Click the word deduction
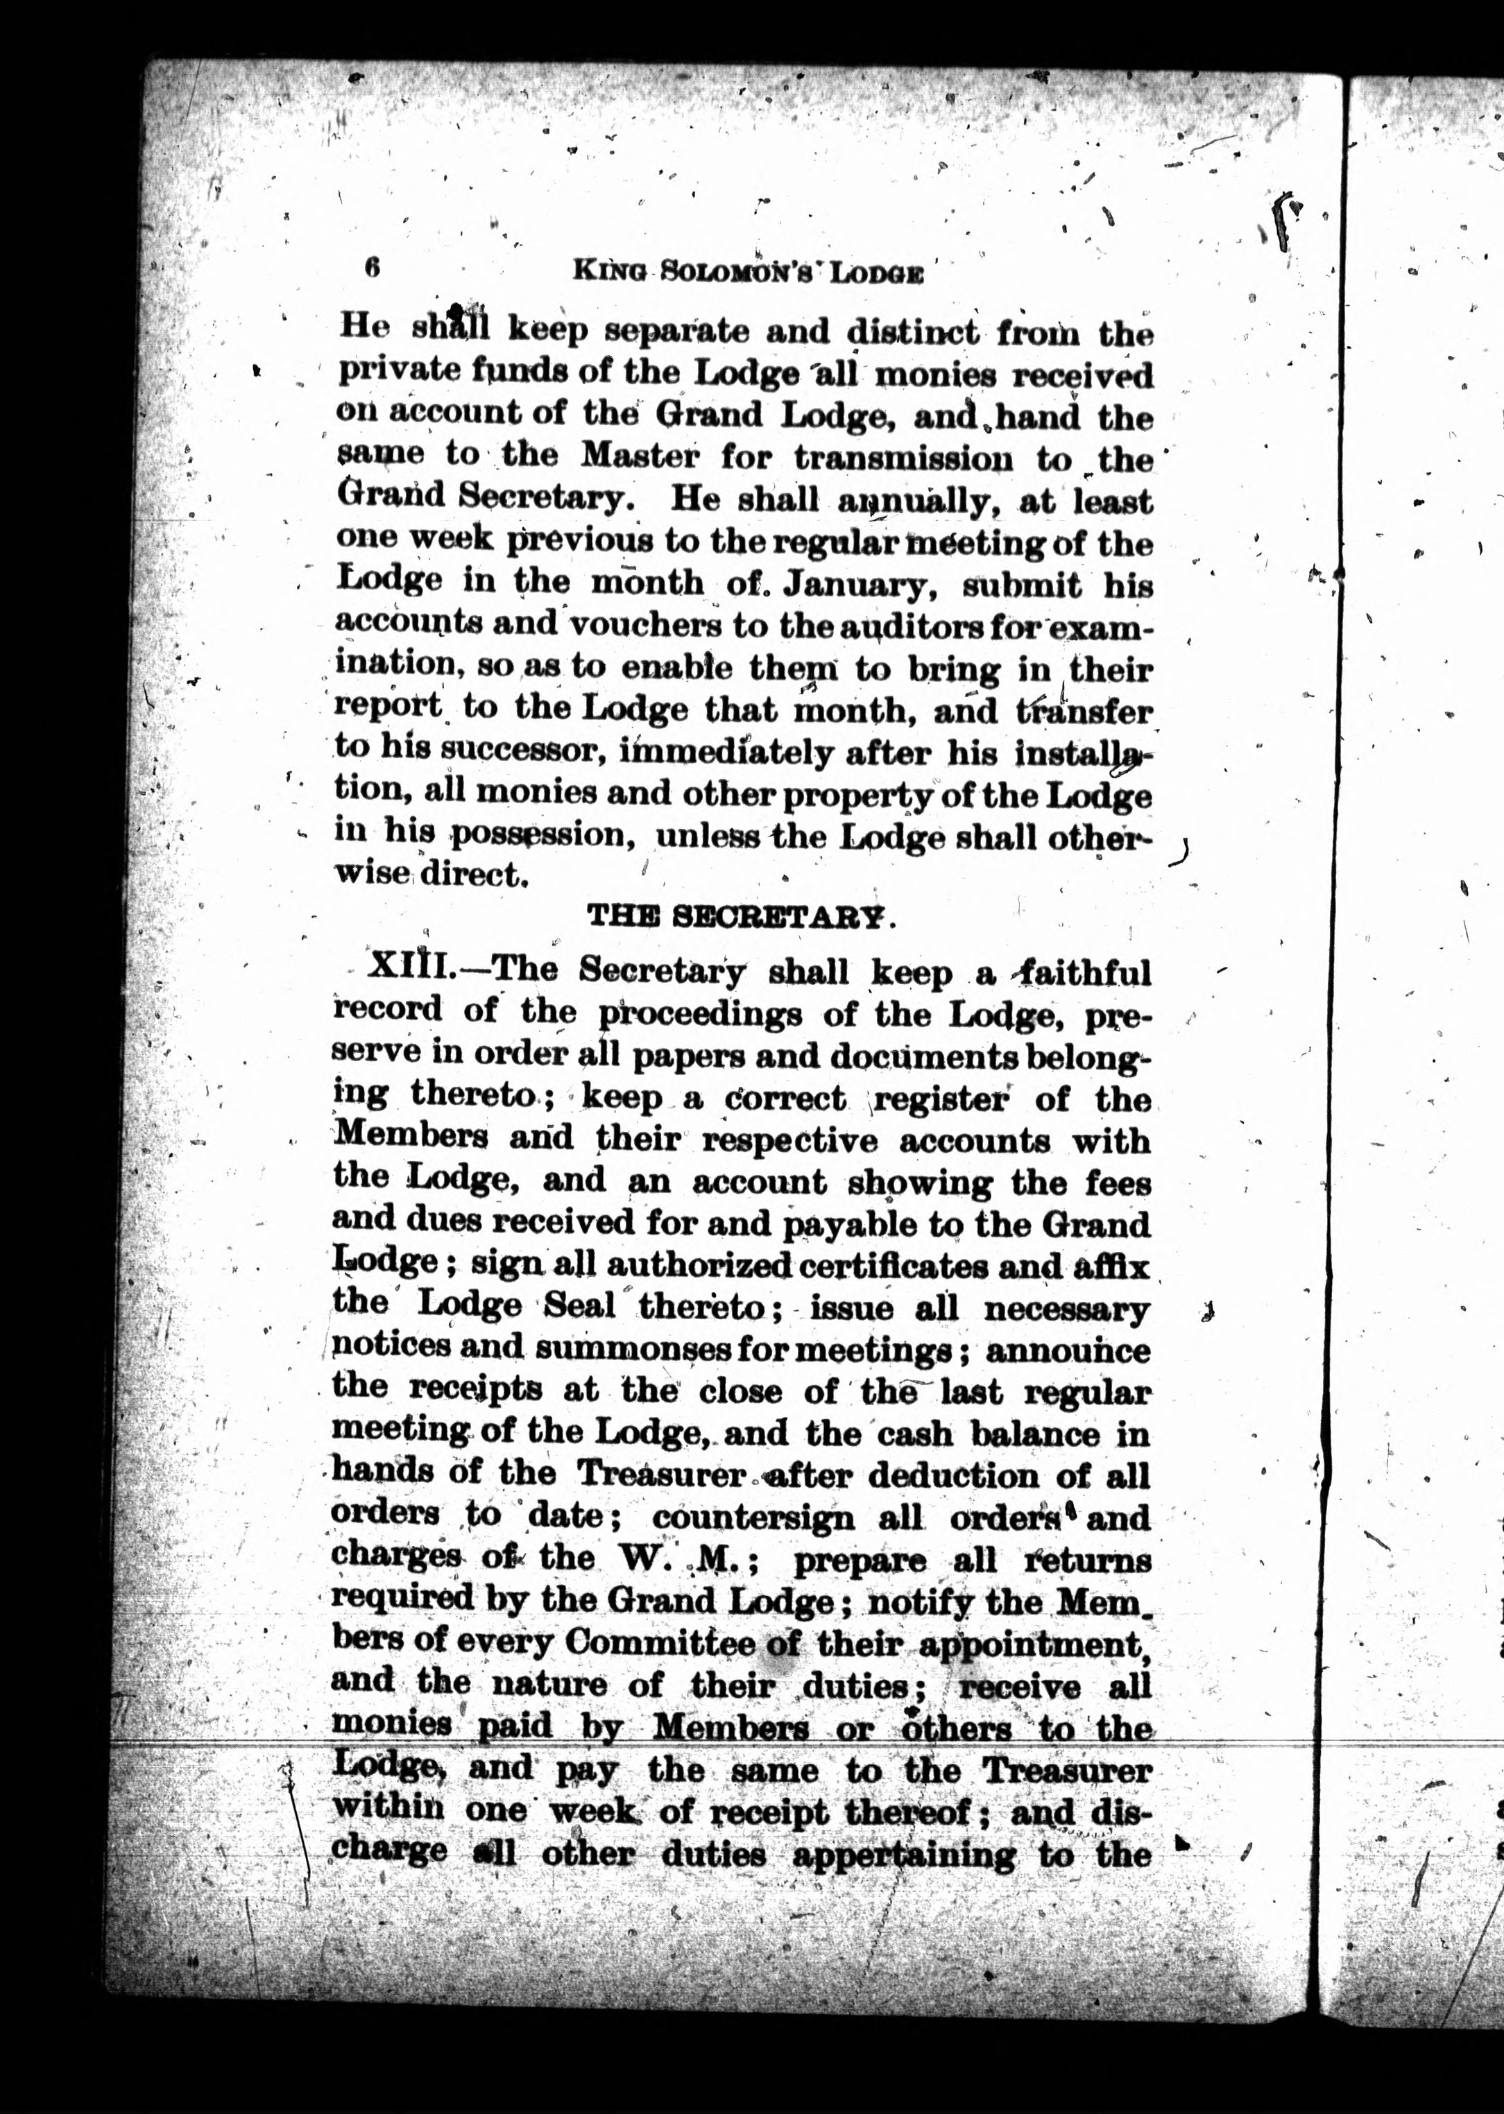click(949, 1475)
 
